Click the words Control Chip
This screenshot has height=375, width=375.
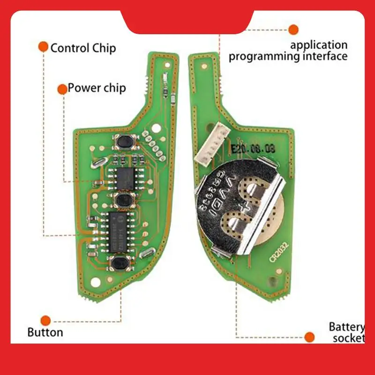pos(83,48)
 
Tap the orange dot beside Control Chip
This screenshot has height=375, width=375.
pos(43,47)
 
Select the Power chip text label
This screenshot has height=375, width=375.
pos(97,88)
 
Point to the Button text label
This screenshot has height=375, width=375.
pos(45,332)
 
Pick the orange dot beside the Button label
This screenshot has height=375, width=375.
pos(45,321)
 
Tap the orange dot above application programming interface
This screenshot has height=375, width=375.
pos(293,30)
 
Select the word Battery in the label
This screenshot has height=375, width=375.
pos(346,326)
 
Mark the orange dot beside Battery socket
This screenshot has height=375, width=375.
pos(309,337)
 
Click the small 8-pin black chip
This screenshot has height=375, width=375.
pos(125,177)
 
